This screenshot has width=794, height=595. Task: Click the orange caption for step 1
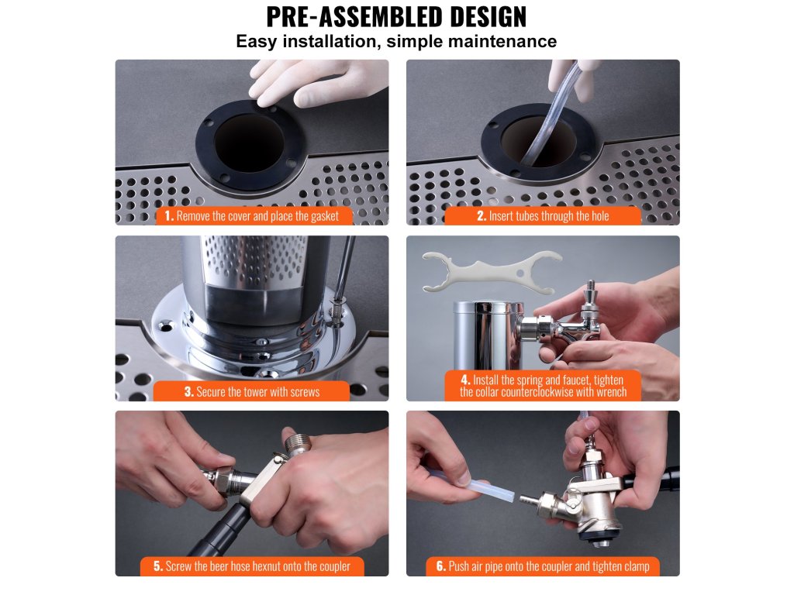pos(252,216)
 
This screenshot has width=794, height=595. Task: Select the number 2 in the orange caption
pos(481,216)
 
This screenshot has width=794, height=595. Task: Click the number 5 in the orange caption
pos(157,566)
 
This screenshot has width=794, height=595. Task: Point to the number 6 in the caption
pos(440,566)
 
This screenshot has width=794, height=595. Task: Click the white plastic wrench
pos(492,272)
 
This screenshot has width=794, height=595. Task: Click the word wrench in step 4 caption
pos(611,392)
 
